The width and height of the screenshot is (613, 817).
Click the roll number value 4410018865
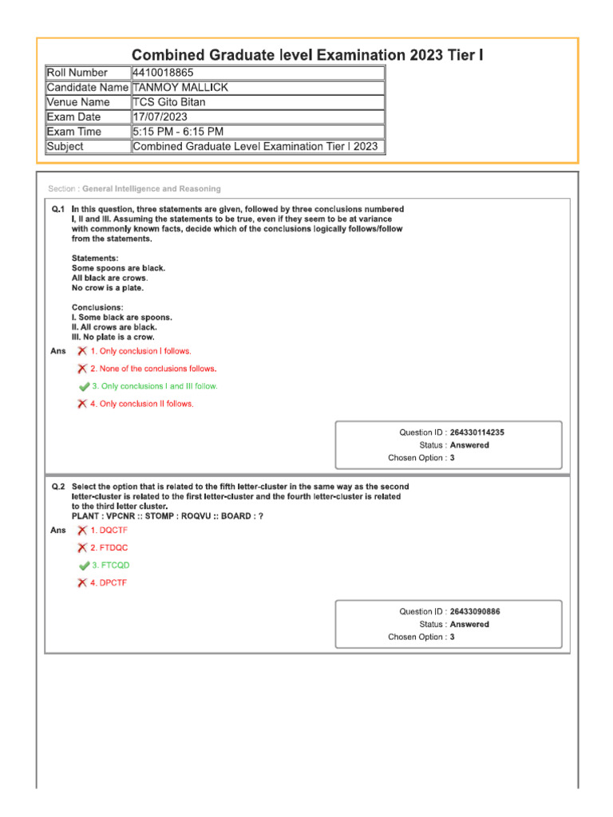point(163,73)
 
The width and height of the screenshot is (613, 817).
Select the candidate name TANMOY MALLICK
point(180,88)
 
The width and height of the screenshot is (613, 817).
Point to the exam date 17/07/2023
point(160,117)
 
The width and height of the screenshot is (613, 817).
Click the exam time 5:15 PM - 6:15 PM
point(178,132)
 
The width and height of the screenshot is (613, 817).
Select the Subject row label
point(65,147)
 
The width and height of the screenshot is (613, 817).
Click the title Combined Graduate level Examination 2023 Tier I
point(306,55)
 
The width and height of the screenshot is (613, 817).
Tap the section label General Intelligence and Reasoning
point(152,189)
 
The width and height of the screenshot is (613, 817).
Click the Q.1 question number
point(58,208)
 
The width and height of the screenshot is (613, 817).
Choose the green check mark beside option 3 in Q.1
point(83,386)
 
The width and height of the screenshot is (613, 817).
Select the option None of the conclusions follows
point(153,369)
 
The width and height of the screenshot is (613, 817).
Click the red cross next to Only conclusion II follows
point(82,404)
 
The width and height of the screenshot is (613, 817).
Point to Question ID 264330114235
point(477,432)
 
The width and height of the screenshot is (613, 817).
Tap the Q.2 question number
point(58,486)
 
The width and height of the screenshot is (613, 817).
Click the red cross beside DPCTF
point(82,582)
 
